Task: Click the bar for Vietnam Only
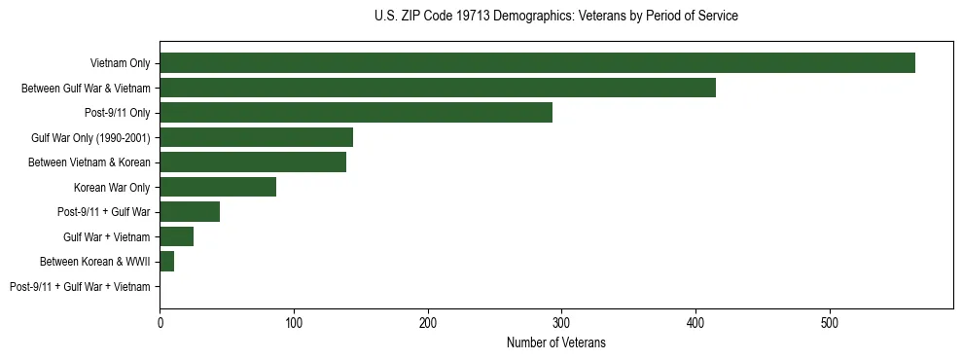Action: (537, 63)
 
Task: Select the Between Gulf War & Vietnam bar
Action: (437, 88)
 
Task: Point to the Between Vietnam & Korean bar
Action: (253, 162)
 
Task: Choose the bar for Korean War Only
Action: (218, 187)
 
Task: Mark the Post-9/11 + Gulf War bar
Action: (190, 212)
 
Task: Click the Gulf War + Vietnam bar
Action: (176, 236)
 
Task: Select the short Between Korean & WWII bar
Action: (166, 261)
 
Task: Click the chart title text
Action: (555, 17)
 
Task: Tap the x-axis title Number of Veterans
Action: (555, 342)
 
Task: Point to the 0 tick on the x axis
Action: (160, 322)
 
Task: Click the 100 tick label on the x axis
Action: (294, 322)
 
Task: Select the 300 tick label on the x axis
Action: (561, 322)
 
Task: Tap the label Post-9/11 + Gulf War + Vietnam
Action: (80, 286)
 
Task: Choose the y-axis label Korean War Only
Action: (112, 187)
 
